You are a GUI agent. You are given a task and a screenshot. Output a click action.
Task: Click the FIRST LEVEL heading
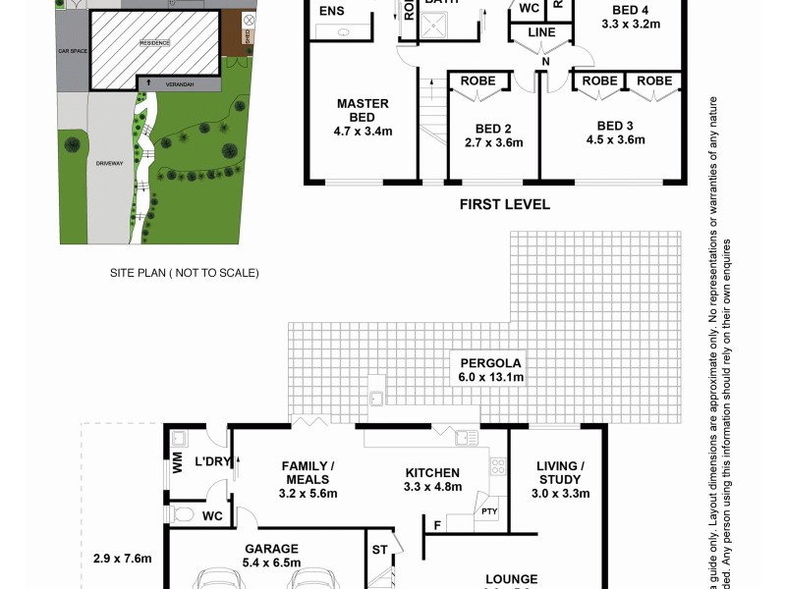point(504,205)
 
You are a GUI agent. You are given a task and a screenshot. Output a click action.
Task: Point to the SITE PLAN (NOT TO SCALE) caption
point(184,273)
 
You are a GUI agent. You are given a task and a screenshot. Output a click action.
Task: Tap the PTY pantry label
point(488,509)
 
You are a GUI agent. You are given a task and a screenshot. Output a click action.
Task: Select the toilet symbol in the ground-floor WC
point(182,513)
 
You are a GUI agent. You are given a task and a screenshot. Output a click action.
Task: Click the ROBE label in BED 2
point(477,80)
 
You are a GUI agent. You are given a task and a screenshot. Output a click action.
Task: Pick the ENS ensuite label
point(332,12)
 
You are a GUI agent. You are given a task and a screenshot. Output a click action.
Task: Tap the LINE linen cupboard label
point(541,32)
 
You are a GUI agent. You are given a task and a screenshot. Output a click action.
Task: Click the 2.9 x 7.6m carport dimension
point(122,559)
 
